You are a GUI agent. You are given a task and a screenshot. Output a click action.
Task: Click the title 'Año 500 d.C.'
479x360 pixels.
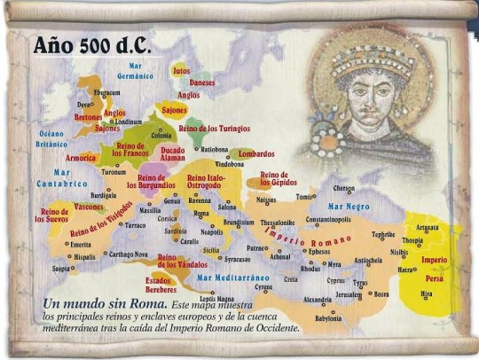pos(90,45)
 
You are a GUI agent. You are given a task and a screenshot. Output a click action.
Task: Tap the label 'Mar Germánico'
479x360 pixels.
pos(135,70)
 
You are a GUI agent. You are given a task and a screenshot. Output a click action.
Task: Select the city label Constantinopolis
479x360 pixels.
pos(328,219)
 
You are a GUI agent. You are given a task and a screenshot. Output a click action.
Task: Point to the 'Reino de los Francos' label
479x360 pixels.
pos(130,149)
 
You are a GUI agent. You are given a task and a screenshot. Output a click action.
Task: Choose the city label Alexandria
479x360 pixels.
pos(318,300)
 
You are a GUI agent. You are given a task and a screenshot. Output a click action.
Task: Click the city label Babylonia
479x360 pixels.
pos(327,317)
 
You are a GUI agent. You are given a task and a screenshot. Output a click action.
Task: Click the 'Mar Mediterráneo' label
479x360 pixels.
pos(232,277)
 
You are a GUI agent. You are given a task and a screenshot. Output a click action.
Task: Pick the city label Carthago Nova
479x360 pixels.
pos(128,254)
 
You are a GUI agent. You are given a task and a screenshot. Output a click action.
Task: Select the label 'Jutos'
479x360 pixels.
pos(182,70)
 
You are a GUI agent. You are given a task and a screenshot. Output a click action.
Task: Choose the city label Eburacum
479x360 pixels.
pos(107,92)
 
